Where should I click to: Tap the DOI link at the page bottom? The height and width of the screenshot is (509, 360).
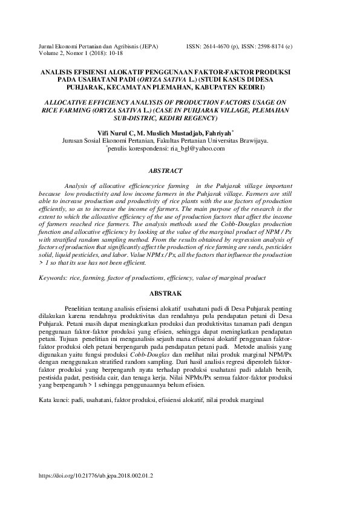click(96, 476)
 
